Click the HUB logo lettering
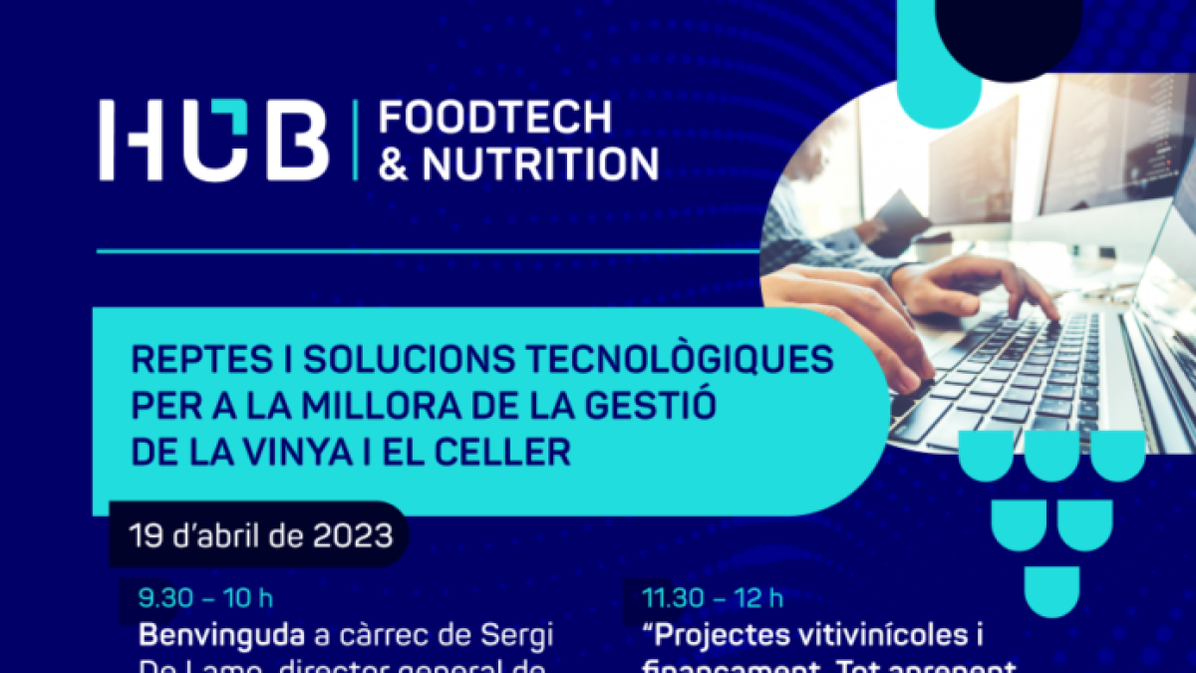(213, 141)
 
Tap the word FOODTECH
(495, 118)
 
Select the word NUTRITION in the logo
(540, 165)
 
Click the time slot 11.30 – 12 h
(712, 598)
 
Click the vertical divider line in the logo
(356, 141)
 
